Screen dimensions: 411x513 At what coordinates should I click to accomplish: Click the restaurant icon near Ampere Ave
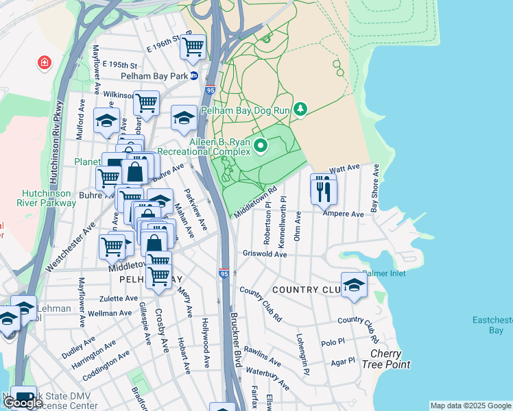pyautogui.click(x=323, y=189)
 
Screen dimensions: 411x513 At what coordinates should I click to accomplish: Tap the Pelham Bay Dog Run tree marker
pyautogui.click(x=300, y=109)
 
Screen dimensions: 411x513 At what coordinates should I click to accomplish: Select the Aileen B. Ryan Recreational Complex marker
pyautogui.click(x=261, y=145)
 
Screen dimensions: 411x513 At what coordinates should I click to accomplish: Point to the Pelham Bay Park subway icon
pyautogui.click(x=194, y=76)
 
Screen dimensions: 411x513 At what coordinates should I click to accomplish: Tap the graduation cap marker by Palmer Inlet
pyautogui.click(x=354, y=286)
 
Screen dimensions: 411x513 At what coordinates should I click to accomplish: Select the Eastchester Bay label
pyautogui.click(x=492, y=325)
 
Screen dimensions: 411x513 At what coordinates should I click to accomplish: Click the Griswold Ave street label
pyautogui.click(x=265, y=253)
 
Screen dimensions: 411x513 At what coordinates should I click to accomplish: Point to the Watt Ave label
pyautogui.click(x=345, y=168)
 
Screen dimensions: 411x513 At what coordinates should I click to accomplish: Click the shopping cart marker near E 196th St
pyautogui.click(x=194, y=47)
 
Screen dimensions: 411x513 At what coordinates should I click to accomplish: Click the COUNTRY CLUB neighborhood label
pyautogui.click(x=305, y=290)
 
